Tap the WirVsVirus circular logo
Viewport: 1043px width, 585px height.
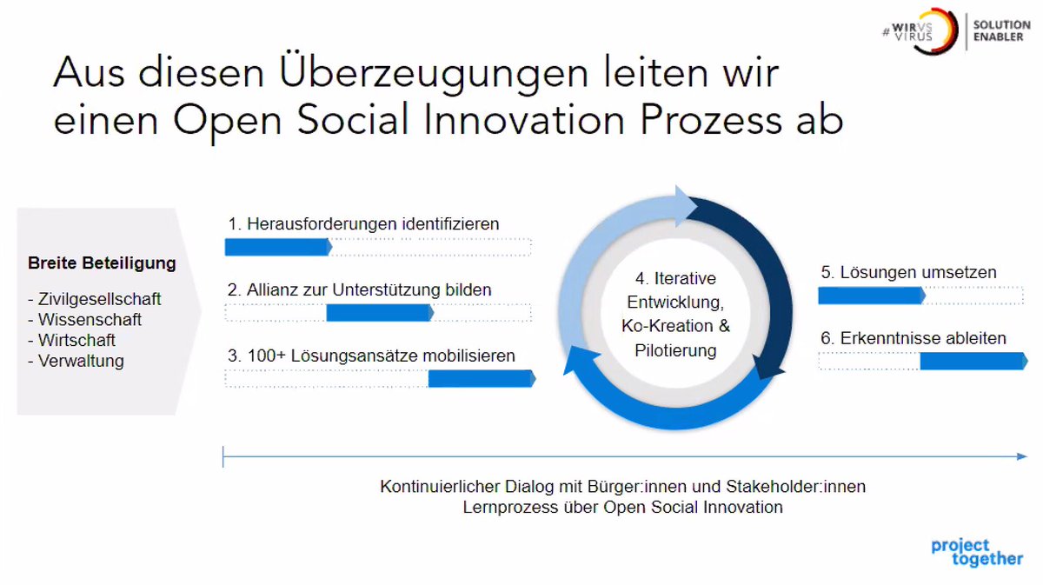(934, 31)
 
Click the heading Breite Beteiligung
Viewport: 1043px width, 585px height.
(102, 263)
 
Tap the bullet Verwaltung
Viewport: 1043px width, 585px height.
(80, 362)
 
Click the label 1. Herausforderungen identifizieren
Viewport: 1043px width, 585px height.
(363, 224)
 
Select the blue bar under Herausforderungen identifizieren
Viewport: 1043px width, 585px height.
(277, 247)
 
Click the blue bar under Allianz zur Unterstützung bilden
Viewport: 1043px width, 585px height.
(379, 313)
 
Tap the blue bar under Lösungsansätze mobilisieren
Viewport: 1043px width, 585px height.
(481, 378)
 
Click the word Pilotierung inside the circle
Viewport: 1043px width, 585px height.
(675, 351)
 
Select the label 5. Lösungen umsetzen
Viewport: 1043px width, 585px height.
(908, 273)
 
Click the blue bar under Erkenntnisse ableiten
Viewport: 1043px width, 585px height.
(973, 361)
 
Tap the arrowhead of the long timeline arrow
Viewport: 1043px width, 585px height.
(1021, 455)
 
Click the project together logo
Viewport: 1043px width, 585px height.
(976, 553)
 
